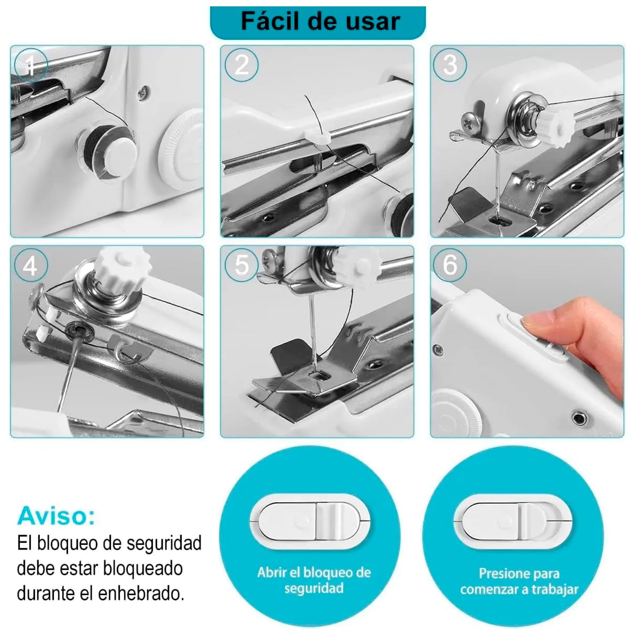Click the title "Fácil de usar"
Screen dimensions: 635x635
[320, 21]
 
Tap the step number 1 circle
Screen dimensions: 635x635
[30, 65]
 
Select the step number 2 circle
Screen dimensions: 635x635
[241, 65]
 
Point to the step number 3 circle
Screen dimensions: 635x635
[450, 65]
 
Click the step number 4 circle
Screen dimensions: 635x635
[30, 266]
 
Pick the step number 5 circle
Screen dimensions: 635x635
[241, 265]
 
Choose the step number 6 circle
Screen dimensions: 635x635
[450, 265]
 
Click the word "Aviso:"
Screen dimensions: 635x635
[56, 516]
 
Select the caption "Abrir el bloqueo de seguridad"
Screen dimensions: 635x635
[314, 580]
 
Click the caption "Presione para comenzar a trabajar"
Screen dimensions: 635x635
[519, 581]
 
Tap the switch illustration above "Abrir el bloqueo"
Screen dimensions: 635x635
[309, 521]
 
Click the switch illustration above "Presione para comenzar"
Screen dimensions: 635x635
[513, 522]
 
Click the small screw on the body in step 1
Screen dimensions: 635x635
[144, 90]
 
